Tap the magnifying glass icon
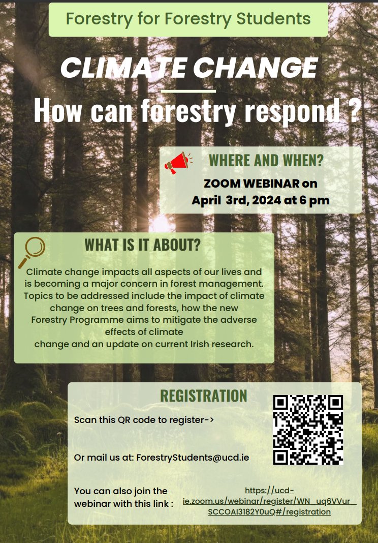[31, 252]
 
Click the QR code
[308, 430]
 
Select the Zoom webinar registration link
[269, 501]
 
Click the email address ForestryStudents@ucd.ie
[193, 457]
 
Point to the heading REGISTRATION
[203, 396]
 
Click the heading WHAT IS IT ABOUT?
[142, 245]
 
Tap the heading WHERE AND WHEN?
[266, 161]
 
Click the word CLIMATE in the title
[120, 68]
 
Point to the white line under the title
[187, 91]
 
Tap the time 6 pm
[314, 200]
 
